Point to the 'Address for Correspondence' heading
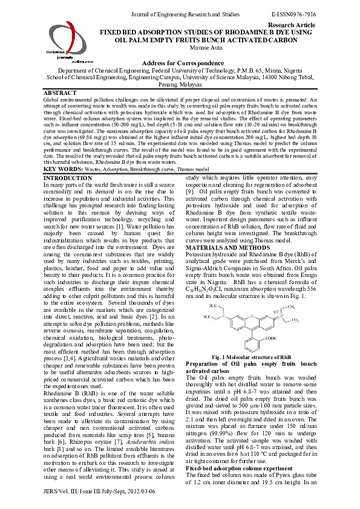pyautogui.click(x=180, y=63)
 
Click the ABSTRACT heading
pyautogui.click(x=61, y=92)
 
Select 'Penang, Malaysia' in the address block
pyautogui.click(x=180, y=85)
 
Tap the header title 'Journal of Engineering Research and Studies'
pyautogui.click(x=180, y=13)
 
